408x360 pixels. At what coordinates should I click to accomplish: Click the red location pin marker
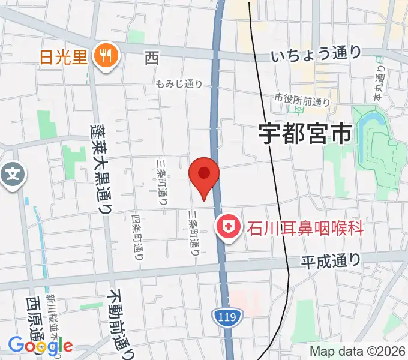pos(204,175)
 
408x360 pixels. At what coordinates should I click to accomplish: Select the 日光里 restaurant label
pos(64,58)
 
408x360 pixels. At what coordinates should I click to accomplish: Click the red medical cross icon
pos(228,228)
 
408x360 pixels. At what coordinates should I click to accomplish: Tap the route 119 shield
pos(227,314)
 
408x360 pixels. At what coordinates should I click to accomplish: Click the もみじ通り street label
pos(179,85)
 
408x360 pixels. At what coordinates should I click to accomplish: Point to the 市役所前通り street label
pos(302,100)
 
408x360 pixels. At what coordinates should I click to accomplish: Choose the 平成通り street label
pos(331,260)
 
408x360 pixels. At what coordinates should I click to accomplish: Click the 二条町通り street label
pos(194,232)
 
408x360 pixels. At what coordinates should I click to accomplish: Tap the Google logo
pos(40,345)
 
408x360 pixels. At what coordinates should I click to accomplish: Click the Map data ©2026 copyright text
pos(357,352)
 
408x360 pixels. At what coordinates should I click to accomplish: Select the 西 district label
pos(151,58)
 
